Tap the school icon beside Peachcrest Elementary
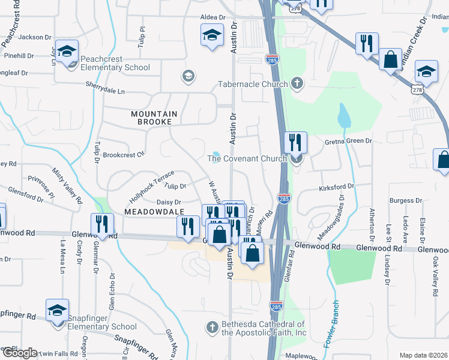pos(68,52)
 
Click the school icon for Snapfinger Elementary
pos(58,311)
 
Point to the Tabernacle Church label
pos(253,84)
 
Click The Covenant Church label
pos(249,158)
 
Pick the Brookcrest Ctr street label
pos(124,154)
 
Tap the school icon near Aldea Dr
pos(212,35)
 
